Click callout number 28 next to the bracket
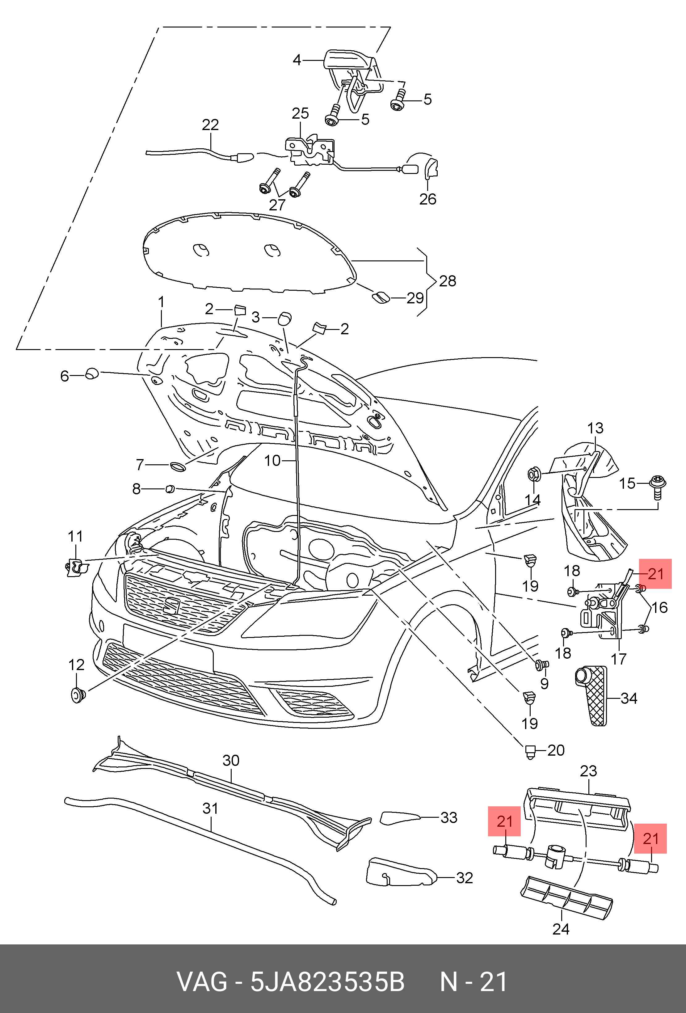pos(447,281)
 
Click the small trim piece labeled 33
pos(399,818)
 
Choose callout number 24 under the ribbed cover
pos(561,929)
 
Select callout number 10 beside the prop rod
pos(272,460)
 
